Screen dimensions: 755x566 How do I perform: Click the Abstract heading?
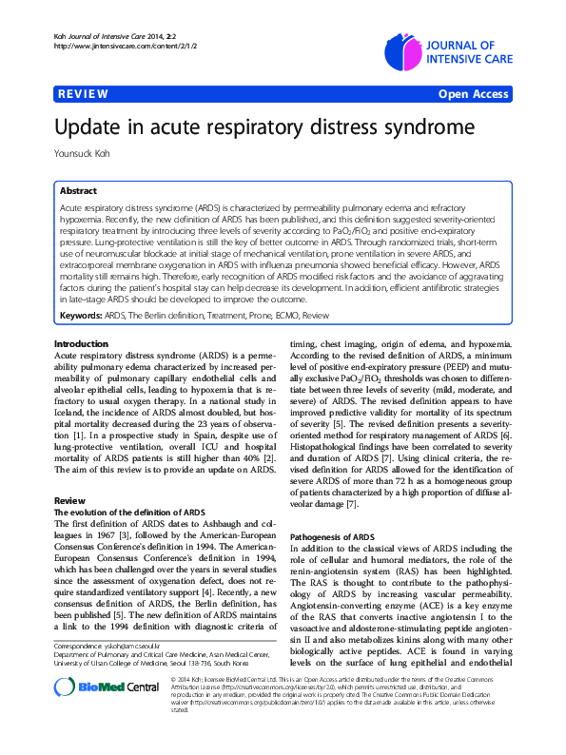(x=80, y=190)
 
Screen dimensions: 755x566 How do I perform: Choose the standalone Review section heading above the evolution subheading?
(x=69, y=499)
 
